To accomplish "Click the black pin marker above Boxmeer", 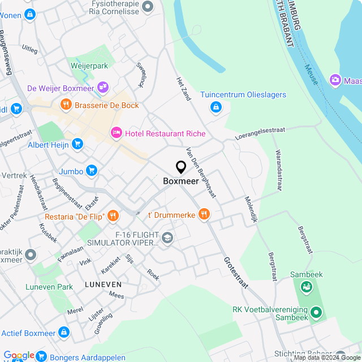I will (181, 167).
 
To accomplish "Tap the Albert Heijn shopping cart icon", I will (77, 145).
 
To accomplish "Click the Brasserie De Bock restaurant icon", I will (66, 105).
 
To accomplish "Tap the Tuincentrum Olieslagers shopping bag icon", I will (216, 106).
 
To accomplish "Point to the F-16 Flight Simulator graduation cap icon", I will (167, 238).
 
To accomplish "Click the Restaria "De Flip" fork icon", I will (113, 216).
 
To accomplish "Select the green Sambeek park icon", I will (307, 287).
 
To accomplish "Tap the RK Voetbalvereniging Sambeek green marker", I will (316, 311).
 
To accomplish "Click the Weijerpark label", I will (89, 66).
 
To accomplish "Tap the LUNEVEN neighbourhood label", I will (103, 284).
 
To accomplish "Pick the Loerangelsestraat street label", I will (261, 133).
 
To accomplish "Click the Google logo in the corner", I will (19, 355).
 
